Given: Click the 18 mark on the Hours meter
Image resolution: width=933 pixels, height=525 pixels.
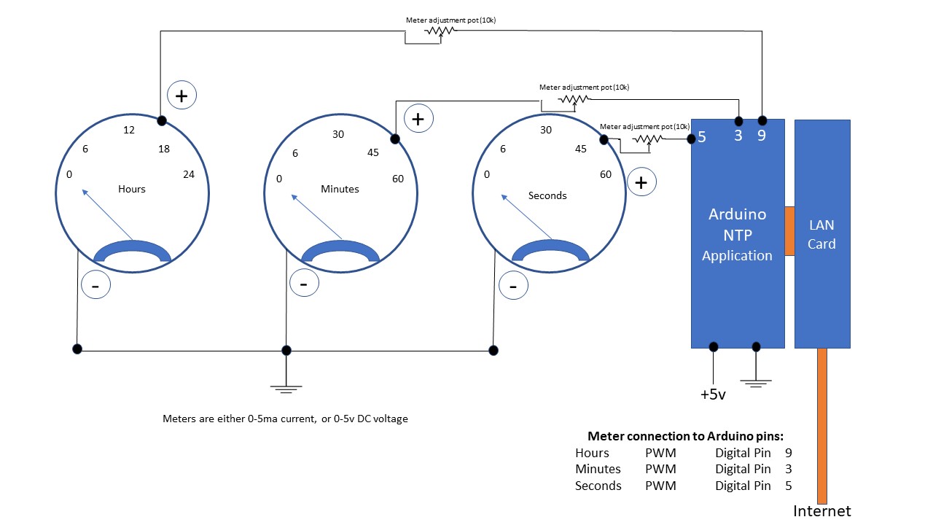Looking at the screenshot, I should (163, 149).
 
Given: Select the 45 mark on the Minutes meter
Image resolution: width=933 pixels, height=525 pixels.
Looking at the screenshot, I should (373, 152).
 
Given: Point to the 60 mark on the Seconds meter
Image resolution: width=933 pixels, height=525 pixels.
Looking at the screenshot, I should (606, 174).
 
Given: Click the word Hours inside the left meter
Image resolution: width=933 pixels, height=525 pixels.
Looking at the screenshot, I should (132, 189).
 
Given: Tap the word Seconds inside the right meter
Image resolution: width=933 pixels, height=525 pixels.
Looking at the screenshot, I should (547, 195).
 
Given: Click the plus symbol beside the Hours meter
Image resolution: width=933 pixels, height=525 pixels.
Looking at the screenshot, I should (182, 96).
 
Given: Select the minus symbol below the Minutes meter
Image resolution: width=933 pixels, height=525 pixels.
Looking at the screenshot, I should (304, 283).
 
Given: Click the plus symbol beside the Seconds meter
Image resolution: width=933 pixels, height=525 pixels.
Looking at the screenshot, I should (641, 182).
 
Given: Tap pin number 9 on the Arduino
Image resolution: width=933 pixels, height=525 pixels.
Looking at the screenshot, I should (762, 136).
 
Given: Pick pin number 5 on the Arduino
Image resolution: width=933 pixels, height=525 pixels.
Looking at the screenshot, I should (702, 137).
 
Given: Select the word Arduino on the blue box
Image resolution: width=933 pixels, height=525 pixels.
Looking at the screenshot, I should (737, 214).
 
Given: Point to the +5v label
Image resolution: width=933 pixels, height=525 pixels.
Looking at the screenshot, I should (713, 394).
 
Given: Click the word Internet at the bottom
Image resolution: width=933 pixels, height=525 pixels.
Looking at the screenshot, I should (822, 511).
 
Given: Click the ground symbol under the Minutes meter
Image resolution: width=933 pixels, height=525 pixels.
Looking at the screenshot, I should (286, 389).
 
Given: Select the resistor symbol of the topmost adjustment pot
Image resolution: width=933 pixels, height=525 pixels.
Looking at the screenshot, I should (440, 31).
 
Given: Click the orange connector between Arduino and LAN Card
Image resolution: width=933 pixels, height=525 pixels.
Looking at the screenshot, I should (789, 231).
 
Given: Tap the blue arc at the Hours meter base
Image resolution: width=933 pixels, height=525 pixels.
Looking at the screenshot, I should (132, 248).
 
